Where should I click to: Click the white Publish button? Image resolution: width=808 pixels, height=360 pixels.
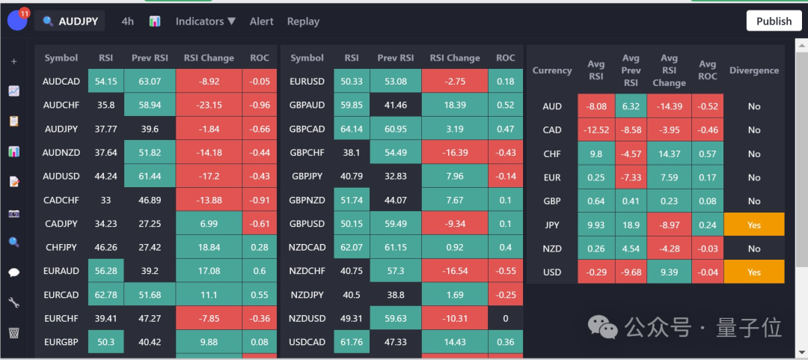[774, 21]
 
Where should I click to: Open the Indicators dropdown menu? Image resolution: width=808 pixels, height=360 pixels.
[206, 22]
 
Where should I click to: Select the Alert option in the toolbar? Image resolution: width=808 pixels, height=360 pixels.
[262, 22]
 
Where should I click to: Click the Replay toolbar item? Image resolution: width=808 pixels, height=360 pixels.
[303, 22]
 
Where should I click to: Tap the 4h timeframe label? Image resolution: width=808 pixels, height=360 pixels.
[128, 22]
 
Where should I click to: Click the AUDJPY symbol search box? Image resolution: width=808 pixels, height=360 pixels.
[70, 22]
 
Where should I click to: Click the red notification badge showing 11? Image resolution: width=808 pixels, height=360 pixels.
[24, 13]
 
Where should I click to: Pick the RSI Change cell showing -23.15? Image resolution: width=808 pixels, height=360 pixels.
[209, 106]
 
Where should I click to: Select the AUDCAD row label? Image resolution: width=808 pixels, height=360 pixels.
[61, 82]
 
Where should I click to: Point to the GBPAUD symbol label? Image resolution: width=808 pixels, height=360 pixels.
[307, 106]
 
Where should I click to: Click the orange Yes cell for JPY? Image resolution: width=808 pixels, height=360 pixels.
[754, 225]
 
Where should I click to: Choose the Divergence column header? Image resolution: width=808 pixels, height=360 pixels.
[754, 70]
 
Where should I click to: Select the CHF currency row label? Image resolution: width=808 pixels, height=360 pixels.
[552, 153]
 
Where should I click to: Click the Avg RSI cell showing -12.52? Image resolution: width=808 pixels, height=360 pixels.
[596, 129]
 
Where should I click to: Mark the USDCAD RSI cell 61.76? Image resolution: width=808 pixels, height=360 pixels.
[352, 342]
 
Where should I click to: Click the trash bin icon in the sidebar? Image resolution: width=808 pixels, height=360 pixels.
[13, 332]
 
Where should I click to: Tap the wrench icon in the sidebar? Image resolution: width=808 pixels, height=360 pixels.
[13, 302]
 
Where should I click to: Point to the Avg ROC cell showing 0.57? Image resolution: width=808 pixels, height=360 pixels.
[707, 153]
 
